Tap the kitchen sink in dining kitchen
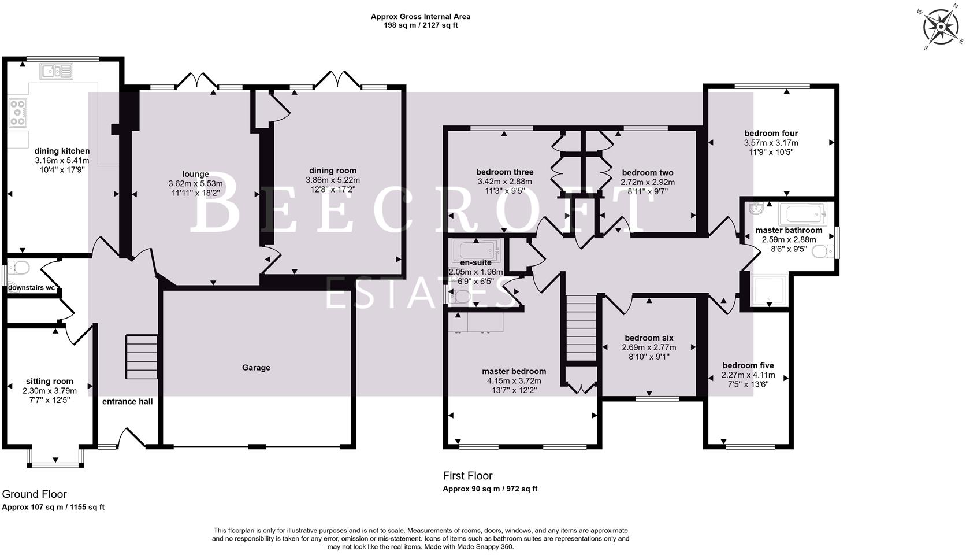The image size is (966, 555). tap(57, 72)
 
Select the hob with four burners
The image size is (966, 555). tap(17, 113)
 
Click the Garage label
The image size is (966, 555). tap(256, 368)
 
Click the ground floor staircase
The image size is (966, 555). tap(142, 357)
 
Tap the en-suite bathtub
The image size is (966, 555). tap(477, 251)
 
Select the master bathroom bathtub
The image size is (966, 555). tap(803, 214)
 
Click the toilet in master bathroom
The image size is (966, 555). tap(823, 251)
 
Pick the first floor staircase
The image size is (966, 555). tap(580, 328)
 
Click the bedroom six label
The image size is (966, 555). tap(649, 338)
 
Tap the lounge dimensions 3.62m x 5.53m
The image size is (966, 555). tap(195, 184)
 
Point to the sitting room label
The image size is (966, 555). tap(50, 382)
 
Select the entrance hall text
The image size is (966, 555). tap(128, 401)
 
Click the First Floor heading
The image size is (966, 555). tap(467, 476)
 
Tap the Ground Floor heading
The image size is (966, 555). tap(34, 494)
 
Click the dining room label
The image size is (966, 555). tap(332, 171)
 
